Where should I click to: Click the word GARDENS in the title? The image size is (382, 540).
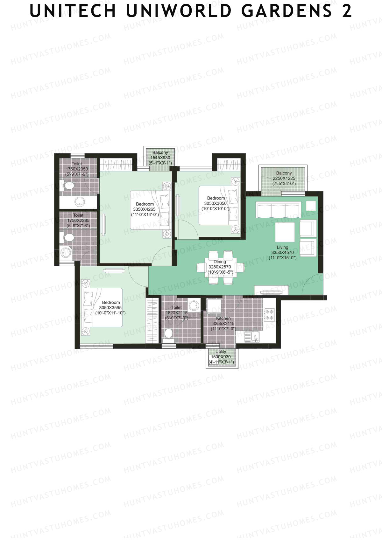(286, 11)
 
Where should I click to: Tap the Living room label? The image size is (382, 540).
(282, 247)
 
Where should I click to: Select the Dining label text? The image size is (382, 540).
(220, 262)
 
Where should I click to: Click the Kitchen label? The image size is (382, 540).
(223, 318)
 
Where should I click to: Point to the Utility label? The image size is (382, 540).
(221, 352)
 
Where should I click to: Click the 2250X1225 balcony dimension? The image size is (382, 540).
(284, 179)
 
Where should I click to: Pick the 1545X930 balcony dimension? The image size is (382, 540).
(160, 158)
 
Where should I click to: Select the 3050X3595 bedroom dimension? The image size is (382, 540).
(110, 308)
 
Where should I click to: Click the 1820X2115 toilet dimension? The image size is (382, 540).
(176, 313)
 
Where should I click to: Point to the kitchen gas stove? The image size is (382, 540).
(269, 314)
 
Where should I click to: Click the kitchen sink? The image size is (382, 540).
(254, 336)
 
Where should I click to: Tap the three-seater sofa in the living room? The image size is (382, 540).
(279, 210)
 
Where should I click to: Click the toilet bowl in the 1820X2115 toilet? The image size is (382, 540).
(168, 333)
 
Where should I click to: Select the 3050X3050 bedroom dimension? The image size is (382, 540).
(215, 203)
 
